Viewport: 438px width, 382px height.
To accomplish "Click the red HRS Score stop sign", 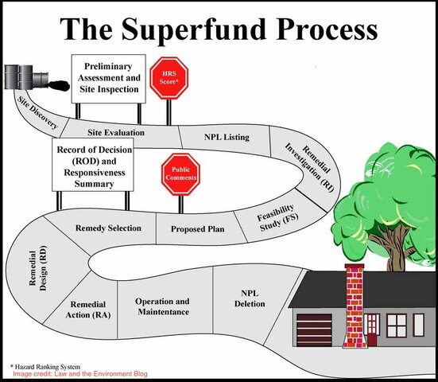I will [x=169, y=77].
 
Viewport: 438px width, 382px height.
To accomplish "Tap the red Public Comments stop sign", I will [x=180, y=175].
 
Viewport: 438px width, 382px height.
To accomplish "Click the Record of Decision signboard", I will [x=94, y=166].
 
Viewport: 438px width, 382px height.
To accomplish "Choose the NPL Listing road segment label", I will [x=227, y=137].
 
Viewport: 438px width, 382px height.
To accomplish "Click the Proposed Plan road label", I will [x=197, y=229].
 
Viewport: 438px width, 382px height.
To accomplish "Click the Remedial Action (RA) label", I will [x=88, y=310].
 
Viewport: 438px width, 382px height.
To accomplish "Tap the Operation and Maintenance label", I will [x=162, y=306].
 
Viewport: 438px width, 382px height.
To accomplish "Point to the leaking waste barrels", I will [x=21, y=77].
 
